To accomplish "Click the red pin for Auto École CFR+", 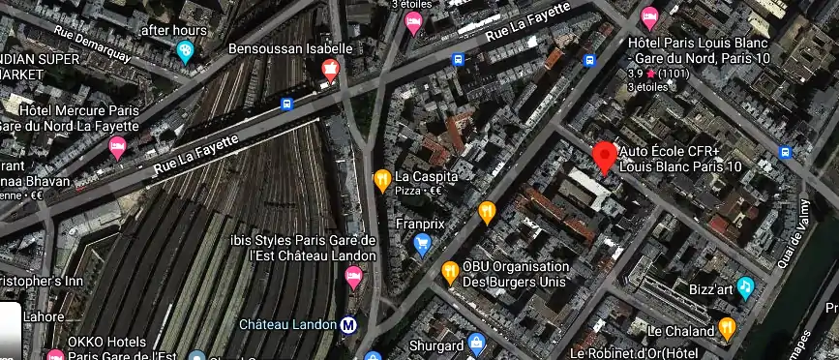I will coord(606,156).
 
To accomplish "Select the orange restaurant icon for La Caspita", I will coord(382,179).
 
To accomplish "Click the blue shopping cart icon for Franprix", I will coord(422,245).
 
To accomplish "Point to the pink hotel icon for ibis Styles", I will coord(354,277).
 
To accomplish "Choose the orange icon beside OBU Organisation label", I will coord(450,271).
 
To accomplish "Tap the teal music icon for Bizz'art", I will coord(745,287).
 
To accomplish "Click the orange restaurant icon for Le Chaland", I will coord(728,329).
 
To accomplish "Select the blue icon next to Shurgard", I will coord(476,344).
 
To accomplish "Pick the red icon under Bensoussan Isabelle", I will coord(330,68).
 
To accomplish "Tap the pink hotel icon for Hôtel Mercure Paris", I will coord(118,147).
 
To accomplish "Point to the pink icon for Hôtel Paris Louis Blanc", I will coord(649,16).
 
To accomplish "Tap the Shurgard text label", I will coord(434,345).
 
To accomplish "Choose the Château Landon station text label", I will coord(287,324).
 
